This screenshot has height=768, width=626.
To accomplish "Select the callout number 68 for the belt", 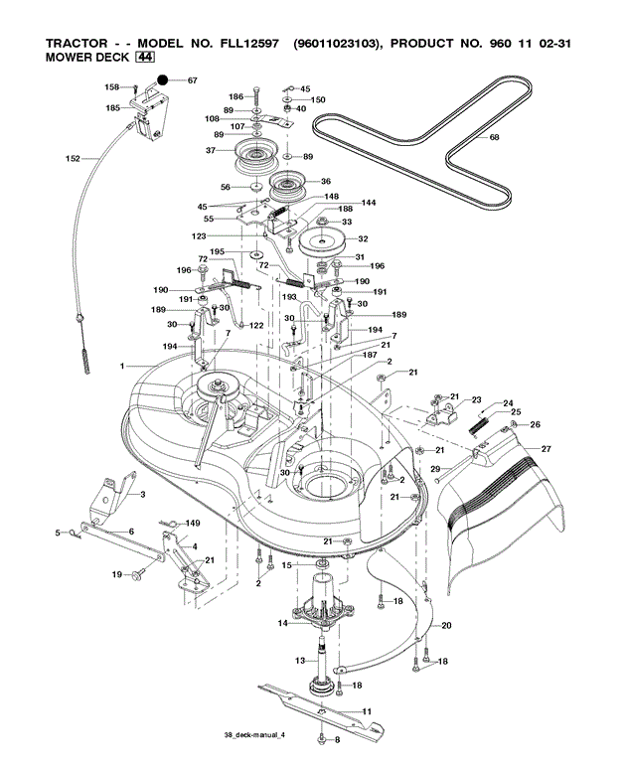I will coord(495,138).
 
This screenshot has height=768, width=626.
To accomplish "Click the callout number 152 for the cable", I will coord(73,158).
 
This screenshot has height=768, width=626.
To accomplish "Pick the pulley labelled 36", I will coord(289,184).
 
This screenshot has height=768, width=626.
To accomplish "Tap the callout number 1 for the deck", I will coord(124,367).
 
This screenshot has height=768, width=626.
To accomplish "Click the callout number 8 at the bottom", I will coord(337,740).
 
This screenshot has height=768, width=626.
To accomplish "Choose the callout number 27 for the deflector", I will coord(546,449).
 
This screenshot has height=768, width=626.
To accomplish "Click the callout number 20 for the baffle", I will coord(446,625).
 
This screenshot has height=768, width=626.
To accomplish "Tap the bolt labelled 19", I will coord(137,573).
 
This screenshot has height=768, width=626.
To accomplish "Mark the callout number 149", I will coord(193,523).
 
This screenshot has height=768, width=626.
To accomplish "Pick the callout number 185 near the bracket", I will coord(112,107).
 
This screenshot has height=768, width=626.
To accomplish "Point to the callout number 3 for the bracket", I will coord(142,494).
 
